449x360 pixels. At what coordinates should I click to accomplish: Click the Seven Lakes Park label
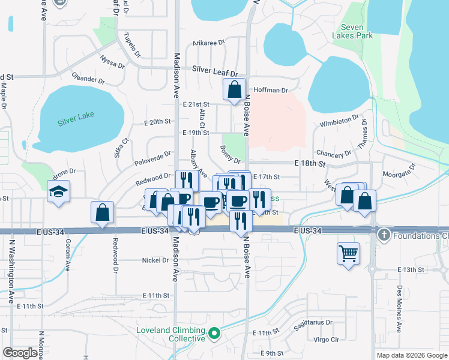tap(357, 31)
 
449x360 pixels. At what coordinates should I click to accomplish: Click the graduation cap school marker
tap(58, 191)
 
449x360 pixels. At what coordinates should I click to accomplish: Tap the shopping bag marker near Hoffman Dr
tap(234, 89)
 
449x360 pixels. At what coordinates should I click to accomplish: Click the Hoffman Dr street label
tap(271, 90)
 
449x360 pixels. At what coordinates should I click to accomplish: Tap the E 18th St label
tap(309, 163)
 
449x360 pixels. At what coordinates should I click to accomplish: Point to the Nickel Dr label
tap(155, 260)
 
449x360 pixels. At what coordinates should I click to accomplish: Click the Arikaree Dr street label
tap(208, 43)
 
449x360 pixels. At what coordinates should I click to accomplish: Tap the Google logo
tap(20, 353)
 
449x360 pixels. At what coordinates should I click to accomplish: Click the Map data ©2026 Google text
tap(411, 355)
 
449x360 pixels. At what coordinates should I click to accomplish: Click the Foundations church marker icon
tap(384, 235)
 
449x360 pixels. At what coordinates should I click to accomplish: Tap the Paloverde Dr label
tap(153, 157)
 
